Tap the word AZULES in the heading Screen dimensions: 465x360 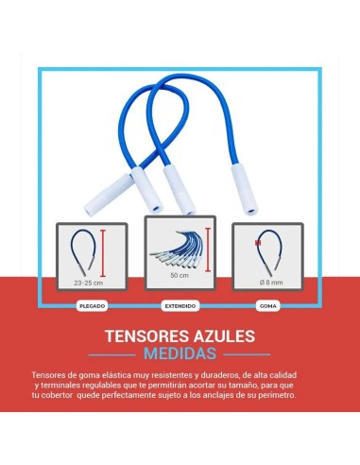tap(223, 336)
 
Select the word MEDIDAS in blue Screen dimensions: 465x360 tap(179, 354)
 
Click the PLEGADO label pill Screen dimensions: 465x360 tap(92, 305)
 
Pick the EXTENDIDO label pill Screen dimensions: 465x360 tap(179, 305)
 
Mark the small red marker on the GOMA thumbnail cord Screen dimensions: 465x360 tap(256, 242)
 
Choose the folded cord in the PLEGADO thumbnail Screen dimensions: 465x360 tap(80, 251)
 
